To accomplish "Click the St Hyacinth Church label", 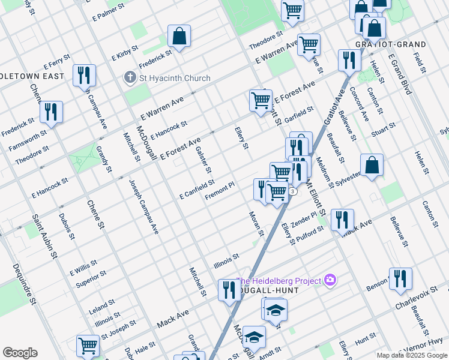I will click(175, 78).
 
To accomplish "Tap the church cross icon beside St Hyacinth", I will click(129, 78).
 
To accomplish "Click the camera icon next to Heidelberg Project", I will click(329, 280).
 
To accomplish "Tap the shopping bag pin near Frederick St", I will click(179, 37).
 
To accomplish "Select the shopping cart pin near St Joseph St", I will click(88, 346).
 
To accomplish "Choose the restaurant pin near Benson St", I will click(400, 279).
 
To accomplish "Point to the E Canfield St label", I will click(196, 189).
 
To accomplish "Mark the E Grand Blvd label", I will click(400, 74).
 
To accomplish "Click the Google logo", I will click(19, 353).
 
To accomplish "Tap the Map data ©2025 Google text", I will click(411, 355).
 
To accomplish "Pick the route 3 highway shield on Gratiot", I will click(292, 191).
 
